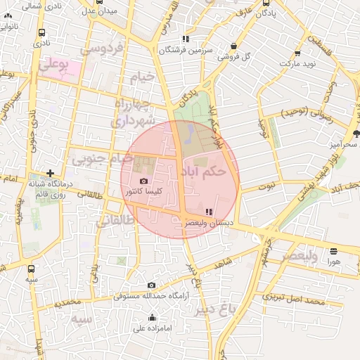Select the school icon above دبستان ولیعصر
point(208,212)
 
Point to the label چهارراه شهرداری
point(138,112)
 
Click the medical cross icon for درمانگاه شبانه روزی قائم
point(50,173)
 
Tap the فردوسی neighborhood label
point(103,49)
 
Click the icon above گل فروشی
point(233,46)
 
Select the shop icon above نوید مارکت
point(297,53)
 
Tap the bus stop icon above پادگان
point(265,12)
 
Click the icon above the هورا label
point(333,251)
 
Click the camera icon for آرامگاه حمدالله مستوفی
point(151,285)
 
